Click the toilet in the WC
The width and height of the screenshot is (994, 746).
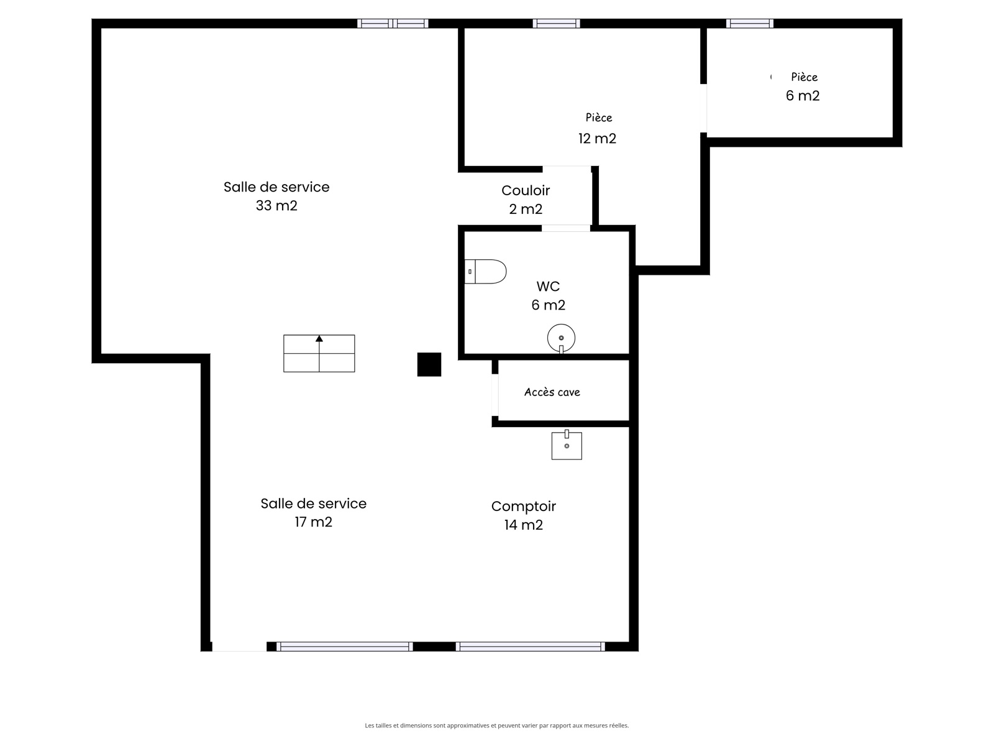point(485,271)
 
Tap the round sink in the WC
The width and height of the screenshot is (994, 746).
point(561,338)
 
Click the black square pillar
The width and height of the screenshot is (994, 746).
point(429,364)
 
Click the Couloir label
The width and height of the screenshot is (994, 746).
point(526,190)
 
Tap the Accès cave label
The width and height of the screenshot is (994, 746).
point(552,392)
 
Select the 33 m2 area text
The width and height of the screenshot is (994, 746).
point(276,206)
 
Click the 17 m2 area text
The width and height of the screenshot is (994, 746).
point(313,522)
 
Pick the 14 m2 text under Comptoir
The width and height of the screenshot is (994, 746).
point(524,525)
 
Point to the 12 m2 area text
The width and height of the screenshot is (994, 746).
point(597,138)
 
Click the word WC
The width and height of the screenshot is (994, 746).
point(548,286)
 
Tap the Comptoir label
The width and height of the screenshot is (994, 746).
point(524,506)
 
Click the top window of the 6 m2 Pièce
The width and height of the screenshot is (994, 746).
point(749,24)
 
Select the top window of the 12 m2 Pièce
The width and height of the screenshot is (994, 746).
point(556,24)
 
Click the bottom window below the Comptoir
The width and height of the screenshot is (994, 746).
point(531,647)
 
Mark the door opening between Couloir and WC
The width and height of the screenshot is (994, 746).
point(565,228)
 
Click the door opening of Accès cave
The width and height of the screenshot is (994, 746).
point(495,395)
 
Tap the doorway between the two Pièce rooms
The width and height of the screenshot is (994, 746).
point(704,108)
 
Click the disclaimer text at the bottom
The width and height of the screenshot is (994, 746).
point(497,725)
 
